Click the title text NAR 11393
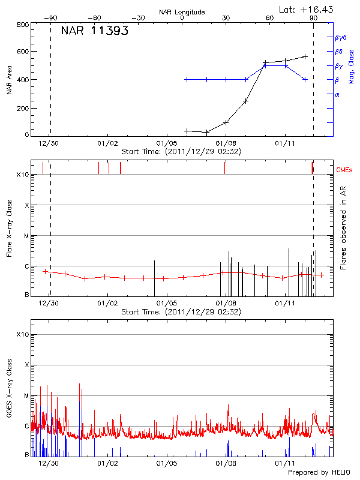click(x=94, y=32)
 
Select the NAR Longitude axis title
click(x=182, y=12)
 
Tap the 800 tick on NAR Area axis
click(x=23, y=25)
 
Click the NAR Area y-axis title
click(x=10, y=80)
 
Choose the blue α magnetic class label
click(x=337, y=94)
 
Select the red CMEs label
click(x=344, y=170)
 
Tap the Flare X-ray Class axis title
click(x=10, y=228)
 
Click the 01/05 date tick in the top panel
click(x=166, y=144)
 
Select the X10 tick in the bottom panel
click(x=22, y=334)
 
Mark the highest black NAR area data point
click(x=305, y=56)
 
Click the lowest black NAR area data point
click(x=206, y=132)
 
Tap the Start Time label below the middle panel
click(x=181, y=312)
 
